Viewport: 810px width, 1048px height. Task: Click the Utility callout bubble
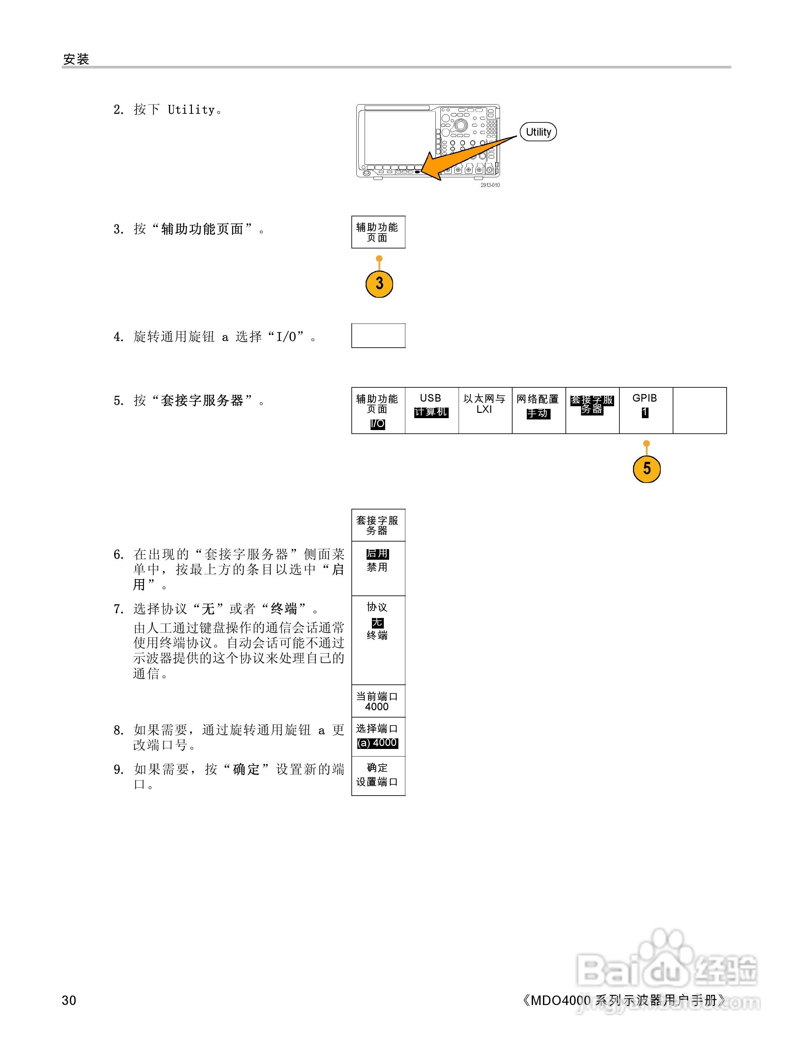538,132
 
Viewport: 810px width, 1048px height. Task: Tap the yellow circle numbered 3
379,284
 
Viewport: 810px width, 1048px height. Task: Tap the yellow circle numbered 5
646,468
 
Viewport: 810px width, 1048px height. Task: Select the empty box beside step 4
378,335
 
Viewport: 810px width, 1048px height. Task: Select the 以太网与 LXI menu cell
485,410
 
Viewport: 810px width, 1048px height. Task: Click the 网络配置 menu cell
538,410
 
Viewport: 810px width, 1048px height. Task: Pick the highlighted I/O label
378,424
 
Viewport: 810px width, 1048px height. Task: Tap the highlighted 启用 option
378,554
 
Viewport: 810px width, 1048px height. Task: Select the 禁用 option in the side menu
377,567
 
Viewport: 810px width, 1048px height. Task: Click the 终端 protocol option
377,635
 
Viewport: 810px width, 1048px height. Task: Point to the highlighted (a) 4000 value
377,743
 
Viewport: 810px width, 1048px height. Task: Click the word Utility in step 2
191,110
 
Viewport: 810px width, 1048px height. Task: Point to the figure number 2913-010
490,185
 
